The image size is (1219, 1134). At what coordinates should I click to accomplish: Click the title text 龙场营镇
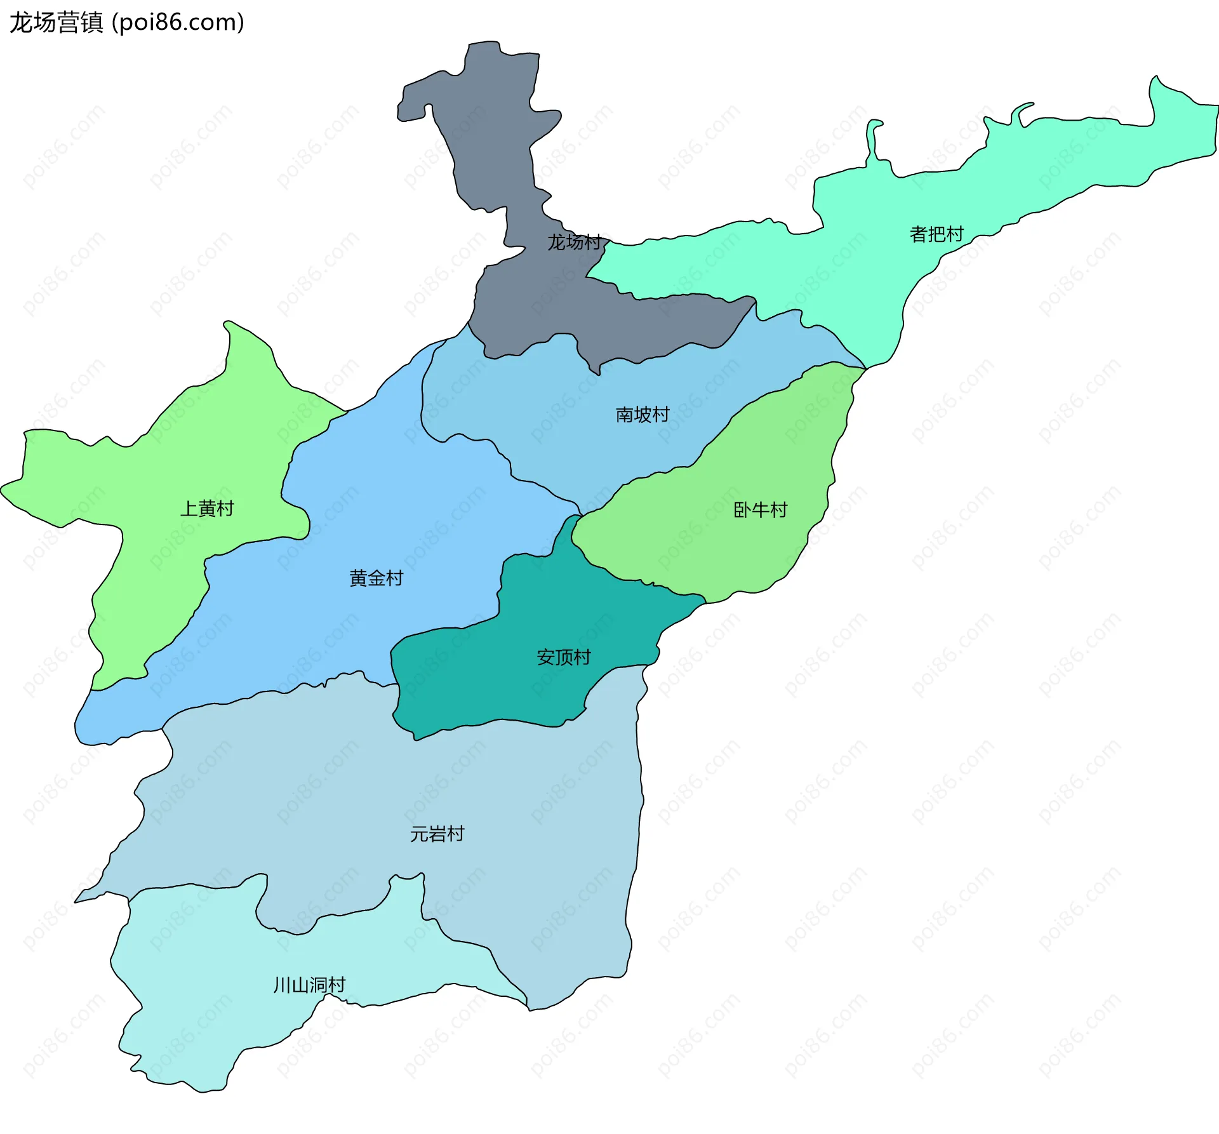(56, 23)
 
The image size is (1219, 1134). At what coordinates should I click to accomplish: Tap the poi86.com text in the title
(178, 23)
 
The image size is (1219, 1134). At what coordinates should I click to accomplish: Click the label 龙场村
(574, 242)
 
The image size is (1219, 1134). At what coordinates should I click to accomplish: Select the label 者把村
(936, 234)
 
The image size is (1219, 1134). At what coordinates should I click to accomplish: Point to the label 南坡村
(643, 415)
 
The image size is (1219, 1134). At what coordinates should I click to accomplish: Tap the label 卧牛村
(760, 510)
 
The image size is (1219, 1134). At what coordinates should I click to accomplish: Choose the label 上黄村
(207, 509)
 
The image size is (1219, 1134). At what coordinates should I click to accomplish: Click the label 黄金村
(376, 578)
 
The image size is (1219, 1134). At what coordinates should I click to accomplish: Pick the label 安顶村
(563, 657)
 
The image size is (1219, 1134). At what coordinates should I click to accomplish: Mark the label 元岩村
(437, 834)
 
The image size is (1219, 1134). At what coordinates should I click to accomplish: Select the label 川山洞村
(309, 985)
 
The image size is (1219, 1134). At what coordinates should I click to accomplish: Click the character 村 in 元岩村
(455, 834)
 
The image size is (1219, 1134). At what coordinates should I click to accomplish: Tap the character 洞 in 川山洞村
(319, 985)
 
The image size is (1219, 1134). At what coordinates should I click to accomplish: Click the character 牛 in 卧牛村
(760, 510)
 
